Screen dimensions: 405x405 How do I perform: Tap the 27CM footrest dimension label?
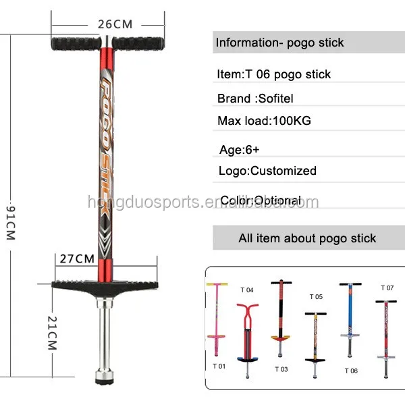pyautogui.click(x=76, y=259)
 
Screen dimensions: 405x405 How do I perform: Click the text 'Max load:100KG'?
pyautogui.click(x=264, y=122)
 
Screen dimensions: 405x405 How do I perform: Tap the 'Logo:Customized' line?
pyautogui.click(x=267, y=171)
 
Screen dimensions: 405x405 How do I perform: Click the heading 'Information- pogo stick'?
pyautogui.click(x=279, y=43)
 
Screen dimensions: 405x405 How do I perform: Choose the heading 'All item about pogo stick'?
pyautogui.click(x=307, y=238)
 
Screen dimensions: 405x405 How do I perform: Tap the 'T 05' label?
pyautogui.click(x=316, y=296)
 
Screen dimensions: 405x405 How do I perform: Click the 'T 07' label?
pyautogui.click(x=387, y=288)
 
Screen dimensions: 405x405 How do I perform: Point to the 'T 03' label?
pyautogui.click(x=281, y=369)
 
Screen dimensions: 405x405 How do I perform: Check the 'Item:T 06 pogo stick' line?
pyautogui.click(x=274, y=74)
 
